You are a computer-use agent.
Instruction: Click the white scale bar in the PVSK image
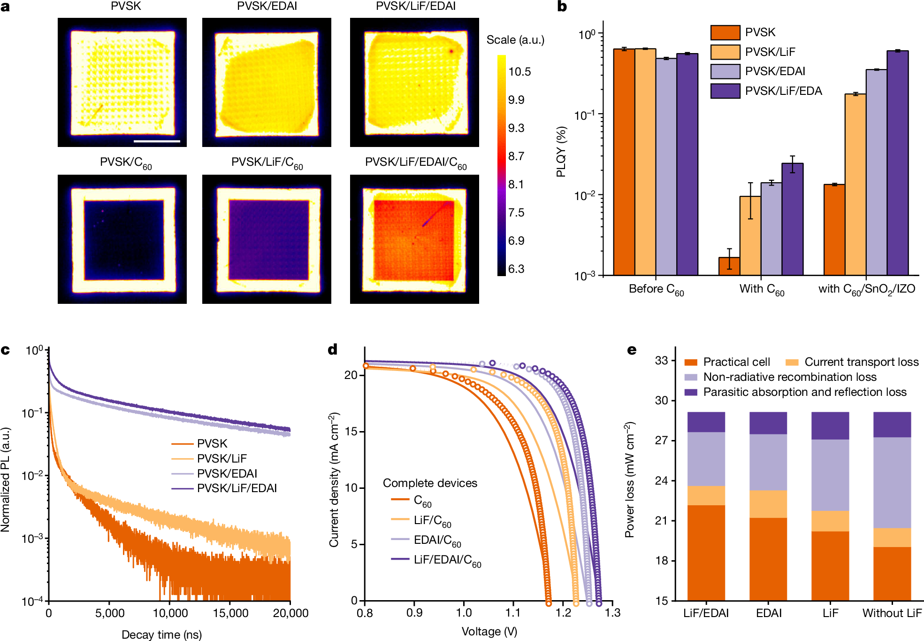point(157,140)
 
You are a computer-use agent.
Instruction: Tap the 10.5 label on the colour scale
point(519,72)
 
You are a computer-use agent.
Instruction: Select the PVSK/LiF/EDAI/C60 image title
point(415,163)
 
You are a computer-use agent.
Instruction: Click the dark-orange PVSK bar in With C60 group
point(729,266)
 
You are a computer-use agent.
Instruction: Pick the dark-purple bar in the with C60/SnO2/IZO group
point(897,162)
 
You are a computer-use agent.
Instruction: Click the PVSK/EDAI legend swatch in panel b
point(725,71)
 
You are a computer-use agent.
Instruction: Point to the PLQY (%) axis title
point(561,151)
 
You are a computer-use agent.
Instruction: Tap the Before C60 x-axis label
point(656,290)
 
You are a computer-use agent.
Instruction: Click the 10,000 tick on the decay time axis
point(170,613)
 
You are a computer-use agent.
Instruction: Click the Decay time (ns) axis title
point(161,634)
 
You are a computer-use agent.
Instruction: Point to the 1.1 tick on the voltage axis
point(513,613)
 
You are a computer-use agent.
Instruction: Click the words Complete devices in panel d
point(430,483)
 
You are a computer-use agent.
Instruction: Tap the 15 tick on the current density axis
point(351,432)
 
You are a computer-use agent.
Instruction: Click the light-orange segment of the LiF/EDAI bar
point(706,495)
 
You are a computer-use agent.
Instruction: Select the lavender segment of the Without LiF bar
point(892,482)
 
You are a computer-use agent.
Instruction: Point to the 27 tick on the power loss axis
point(662,440)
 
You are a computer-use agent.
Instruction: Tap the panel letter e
point(632,350)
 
